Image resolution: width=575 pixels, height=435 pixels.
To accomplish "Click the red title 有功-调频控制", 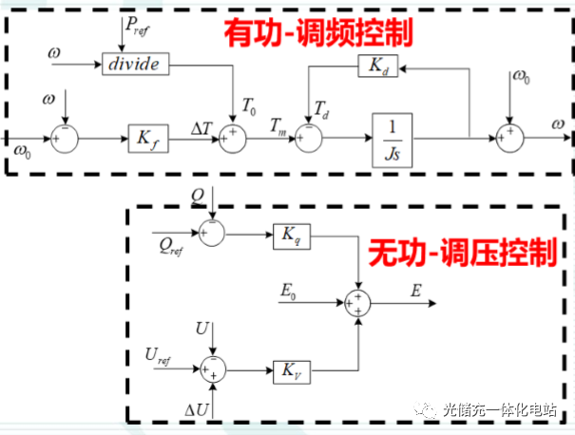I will [x=317, y=30].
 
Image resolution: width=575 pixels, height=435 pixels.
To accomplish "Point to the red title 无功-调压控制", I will [x=462, y=252].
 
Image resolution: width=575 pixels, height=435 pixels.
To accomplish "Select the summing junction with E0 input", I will [x=358, y=303].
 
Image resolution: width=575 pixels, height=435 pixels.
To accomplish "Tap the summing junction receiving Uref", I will [x=215, y=368].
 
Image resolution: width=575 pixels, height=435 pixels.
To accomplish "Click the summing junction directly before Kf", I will [x=63, y=139].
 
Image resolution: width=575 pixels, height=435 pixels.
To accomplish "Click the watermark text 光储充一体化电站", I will [x=503, y=410].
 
